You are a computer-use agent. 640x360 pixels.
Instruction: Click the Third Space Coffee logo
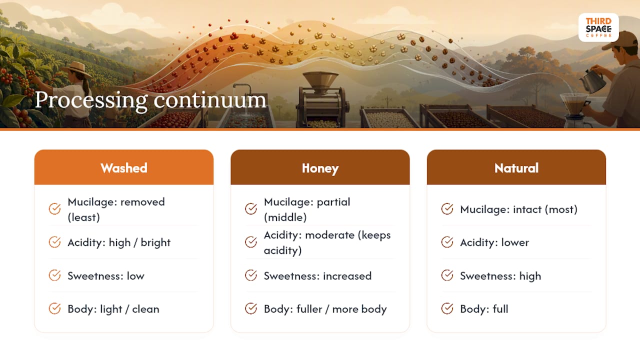point(598,27)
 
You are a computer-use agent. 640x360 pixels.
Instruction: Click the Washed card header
point(123,167)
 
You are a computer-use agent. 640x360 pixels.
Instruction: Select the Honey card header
point(320,167)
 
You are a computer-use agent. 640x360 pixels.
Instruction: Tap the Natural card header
point(516,167)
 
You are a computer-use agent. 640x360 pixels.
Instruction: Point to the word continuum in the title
point(210,100)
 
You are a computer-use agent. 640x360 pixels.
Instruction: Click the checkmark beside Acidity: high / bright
point(54,242)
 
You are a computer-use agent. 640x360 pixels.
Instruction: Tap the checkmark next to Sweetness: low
point(54,275)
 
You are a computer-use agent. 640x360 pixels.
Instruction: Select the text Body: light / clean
point(113,309)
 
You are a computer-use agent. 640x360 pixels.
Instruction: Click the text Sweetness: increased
point(317,276)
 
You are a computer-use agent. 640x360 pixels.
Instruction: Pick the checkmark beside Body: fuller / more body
point(251,308)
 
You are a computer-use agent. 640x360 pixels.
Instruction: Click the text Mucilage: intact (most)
point(518,209)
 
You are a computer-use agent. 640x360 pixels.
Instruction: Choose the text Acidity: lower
point(494,242)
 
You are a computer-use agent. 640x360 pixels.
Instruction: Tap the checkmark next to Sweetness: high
point(447,275)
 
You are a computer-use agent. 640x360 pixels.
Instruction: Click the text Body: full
point(484,309)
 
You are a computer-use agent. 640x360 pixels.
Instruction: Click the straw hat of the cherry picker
point(75,69)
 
